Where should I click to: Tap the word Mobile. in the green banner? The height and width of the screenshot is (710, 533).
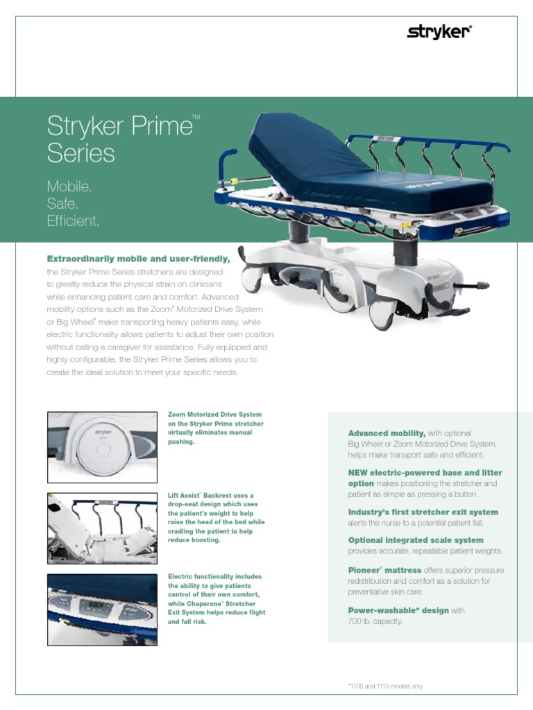tap(69, 187)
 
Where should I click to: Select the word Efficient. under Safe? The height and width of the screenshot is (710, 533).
tap(73, 221)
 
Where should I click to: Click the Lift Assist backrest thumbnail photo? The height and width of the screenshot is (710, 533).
tap(102, 528)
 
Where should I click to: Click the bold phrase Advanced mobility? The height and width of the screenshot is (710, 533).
tap(387, 433)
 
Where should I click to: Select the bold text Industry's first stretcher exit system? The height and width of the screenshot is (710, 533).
tap(423, 512)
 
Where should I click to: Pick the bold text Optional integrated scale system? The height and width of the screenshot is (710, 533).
tap(416, 540)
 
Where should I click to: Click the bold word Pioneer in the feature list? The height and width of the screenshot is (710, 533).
tap(365, 570)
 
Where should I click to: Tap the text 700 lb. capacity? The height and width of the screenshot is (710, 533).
tap(375, 621)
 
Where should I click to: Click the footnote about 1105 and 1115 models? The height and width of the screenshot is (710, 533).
tap(385, 686)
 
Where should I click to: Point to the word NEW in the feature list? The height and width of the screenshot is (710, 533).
tap(359, 472)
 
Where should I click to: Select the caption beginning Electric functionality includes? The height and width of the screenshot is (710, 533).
tap(217, 599)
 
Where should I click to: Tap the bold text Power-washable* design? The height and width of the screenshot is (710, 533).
tap(398, 610)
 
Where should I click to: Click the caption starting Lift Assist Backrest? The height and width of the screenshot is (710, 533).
tap(216, 517)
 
